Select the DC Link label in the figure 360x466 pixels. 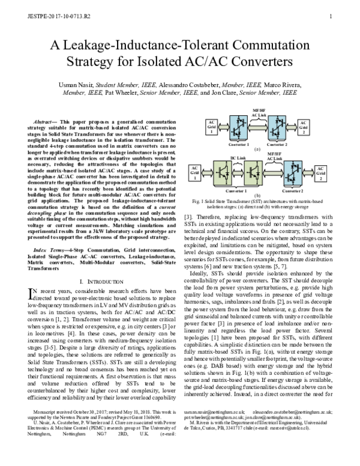tap(238, 158)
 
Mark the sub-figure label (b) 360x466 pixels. tap(256, 195)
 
